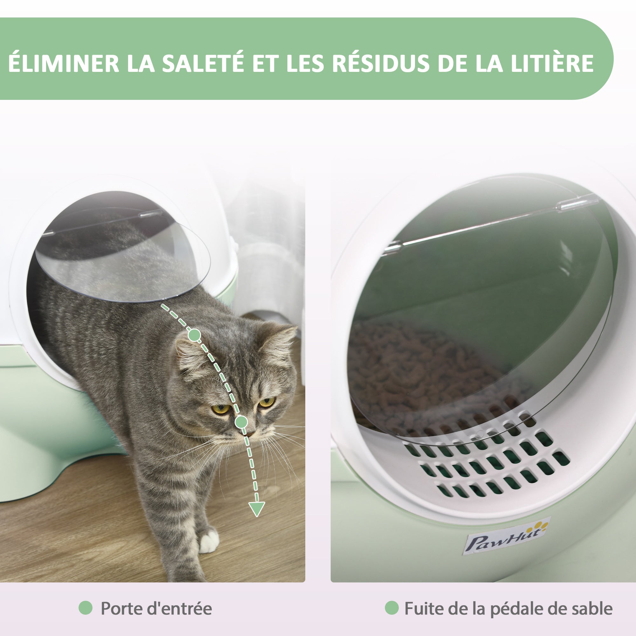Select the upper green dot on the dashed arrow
pos(195,335)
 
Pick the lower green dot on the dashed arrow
pos(241,421)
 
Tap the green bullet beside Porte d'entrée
pos(86,608)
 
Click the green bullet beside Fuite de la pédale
pos(391,608)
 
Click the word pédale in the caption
pos(514,608)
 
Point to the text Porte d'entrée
pos(156,608)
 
